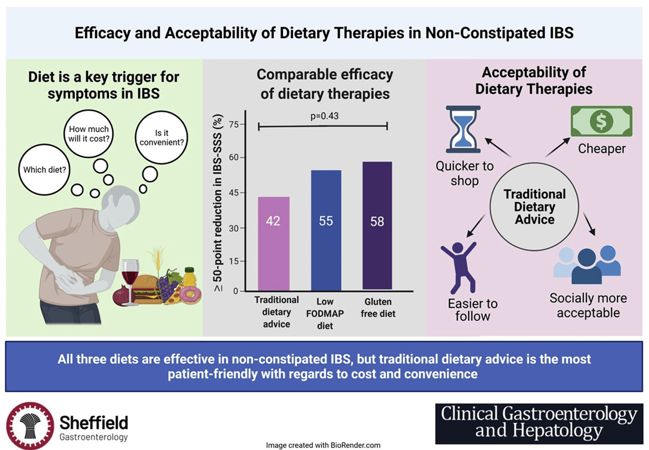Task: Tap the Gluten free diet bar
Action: tap(377, 226)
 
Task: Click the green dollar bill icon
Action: tap(601, 121)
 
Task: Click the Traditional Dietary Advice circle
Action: tap(534, 207)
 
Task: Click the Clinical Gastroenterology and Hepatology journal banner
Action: tap(539, 423)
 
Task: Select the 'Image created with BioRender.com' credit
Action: tap(323, 445)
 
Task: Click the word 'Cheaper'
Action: tap(602, 149)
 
